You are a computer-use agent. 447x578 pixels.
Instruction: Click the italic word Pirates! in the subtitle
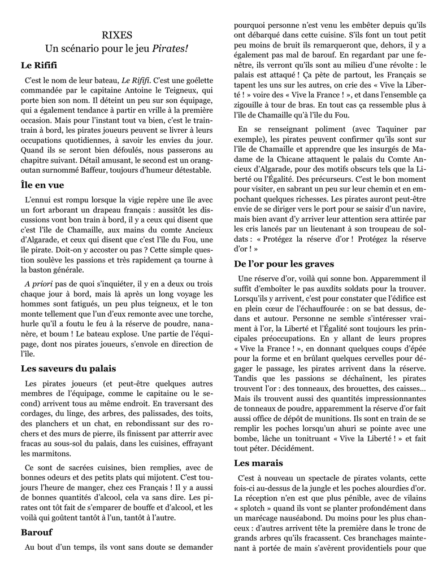[170, 49]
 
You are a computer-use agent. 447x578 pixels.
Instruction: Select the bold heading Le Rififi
[39, 66]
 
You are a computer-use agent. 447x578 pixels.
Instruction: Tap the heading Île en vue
[42, 185]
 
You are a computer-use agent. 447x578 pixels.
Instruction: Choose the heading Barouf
[37, 532]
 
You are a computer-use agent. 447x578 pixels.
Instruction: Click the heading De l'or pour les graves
[284, 264]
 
